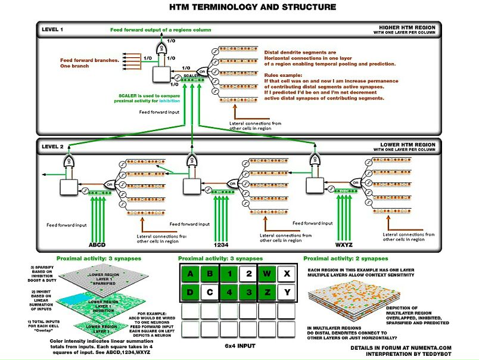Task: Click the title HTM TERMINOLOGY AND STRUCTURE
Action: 240,7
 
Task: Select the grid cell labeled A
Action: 190,274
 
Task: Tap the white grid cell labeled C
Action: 209,293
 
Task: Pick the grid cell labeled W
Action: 268,274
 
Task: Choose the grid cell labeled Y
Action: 287,293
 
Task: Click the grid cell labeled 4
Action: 229,293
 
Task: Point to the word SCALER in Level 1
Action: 191,76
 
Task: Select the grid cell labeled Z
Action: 268,293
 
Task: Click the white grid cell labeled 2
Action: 248,274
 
